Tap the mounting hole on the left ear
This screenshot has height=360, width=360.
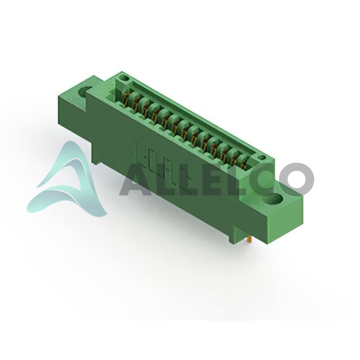(85, 92)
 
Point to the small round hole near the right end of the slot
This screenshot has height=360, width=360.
(261, 157)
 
